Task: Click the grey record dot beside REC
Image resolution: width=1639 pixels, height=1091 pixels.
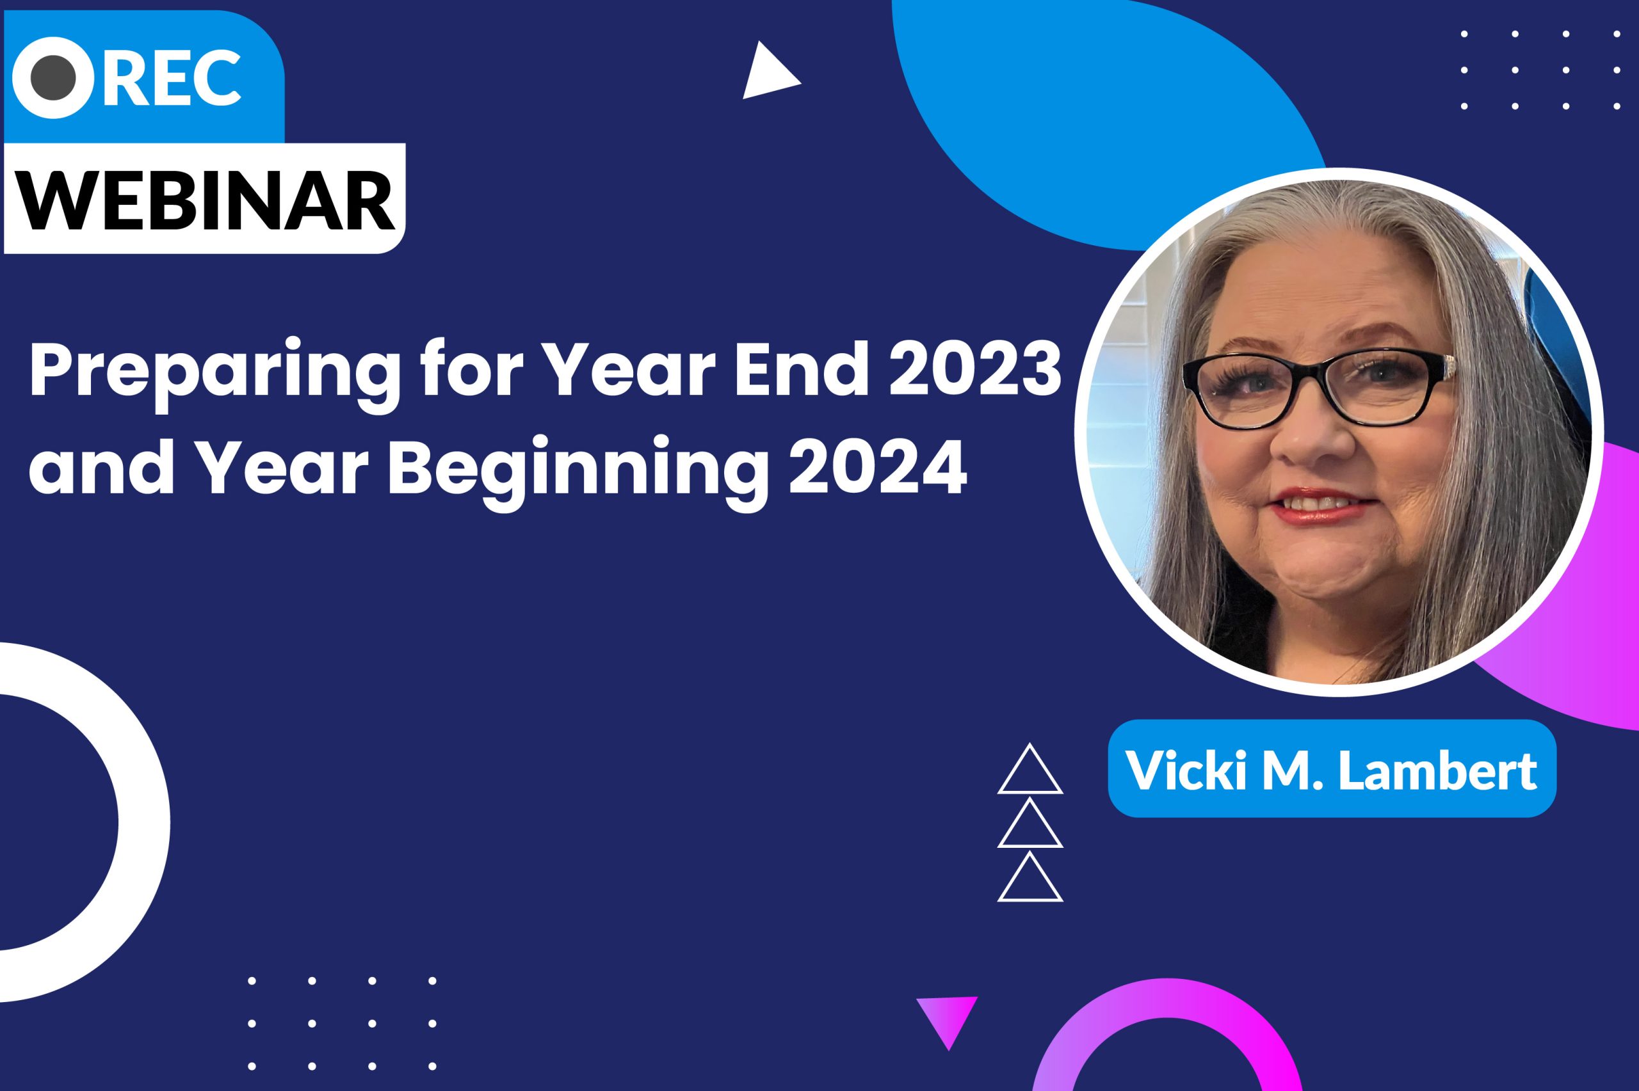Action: [x=54, y=77]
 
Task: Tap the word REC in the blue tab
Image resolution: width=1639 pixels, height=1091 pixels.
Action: [x=173, y=77]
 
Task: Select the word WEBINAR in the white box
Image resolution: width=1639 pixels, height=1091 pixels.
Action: [x=207, y=198]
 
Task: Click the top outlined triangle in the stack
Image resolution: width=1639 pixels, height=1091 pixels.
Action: [x=1030, y=769]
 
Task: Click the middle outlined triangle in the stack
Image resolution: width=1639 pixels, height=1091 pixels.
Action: [x=1030, y=823]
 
